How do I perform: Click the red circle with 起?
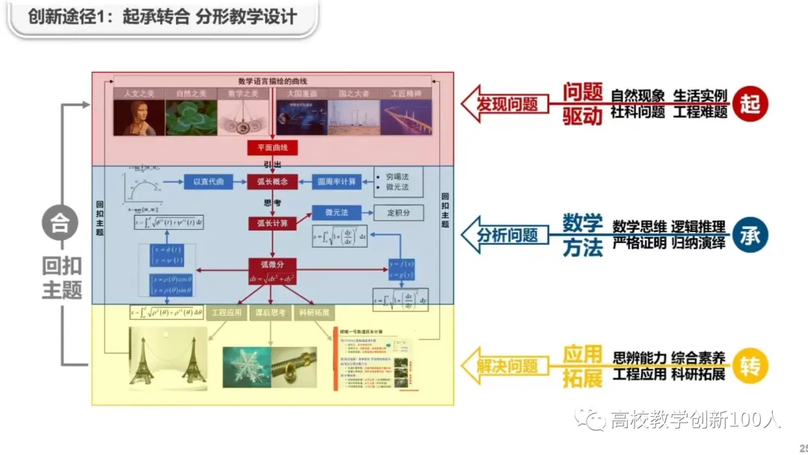(x=750, y=103)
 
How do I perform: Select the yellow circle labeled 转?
(x=750, y=367)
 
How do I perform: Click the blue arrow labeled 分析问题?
(x=501, y=235)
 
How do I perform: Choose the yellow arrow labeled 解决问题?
(x=501, y=367)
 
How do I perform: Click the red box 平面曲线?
(x=272, y=147)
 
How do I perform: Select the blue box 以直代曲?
(x=209, y=181)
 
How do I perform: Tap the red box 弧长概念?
(x=272, y=181)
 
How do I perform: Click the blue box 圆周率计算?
(x=337, y=181)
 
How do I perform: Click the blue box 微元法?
(x=337, y=213)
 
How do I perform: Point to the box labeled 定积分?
(x=399, y=213)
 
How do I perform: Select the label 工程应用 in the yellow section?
(x=227, y=314)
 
